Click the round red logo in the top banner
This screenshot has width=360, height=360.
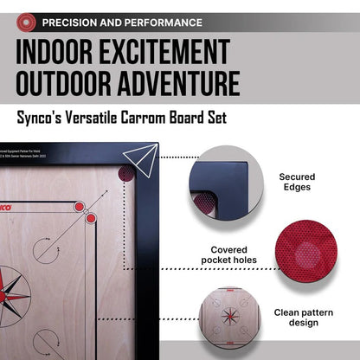[x=27, y=21]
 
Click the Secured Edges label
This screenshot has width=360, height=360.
[x=297, y=183]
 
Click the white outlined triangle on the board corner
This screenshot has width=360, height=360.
[x=138, y=159]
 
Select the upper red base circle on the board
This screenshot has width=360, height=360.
[x=80, y=207]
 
